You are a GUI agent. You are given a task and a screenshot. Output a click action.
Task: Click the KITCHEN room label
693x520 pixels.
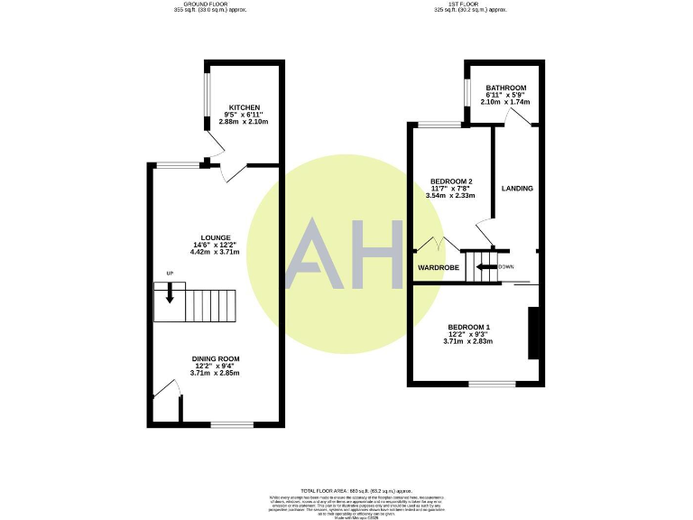[244, 107]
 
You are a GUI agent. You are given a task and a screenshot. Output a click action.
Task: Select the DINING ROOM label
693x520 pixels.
[215, 358]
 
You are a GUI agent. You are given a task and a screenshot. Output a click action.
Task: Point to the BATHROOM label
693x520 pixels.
[505, 88]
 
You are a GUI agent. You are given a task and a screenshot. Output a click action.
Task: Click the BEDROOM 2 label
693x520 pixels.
[451, 181]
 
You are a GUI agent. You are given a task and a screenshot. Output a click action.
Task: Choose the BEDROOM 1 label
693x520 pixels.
[469, 327]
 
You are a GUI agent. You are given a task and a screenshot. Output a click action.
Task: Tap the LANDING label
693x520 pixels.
[517, 189]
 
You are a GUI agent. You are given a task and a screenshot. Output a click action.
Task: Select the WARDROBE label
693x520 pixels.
[439, 268]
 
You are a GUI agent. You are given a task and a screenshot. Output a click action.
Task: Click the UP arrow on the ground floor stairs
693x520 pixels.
[169, 294]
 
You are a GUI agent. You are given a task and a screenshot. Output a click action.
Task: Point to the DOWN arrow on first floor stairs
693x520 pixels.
[486, 267]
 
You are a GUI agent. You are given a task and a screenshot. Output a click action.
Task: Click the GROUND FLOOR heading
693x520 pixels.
[208, 5]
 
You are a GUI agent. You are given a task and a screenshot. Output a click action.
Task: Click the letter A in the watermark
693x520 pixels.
[316, 255]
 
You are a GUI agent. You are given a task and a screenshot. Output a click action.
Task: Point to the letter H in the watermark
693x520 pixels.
[376, 255]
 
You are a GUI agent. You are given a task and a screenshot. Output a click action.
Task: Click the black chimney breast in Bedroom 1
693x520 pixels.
[532, 333]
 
